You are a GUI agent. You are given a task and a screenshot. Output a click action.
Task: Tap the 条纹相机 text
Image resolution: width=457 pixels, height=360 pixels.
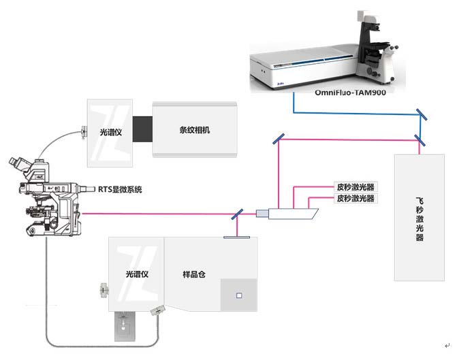(x=195, y=130)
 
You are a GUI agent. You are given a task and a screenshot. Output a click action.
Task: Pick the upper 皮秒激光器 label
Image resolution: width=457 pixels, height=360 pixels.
(x=356, y=187)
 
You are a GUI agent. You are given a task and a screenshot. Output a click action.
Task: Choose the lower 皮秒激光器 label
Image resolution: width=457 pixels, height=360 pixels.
(x=356, y=199)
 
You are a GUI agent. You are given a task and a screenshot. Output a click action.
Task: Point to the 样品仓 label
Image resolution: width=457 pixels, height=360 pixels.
(x=195, y=274)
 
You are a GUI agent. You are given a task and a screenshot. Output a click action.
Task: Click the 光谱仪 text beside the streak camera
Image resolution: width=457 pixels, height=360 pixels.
(x=110, y=133)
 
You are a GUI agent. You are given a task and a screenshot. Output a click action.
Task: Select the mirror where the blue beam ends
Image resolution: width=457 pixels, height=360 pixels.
(x=422, y=115)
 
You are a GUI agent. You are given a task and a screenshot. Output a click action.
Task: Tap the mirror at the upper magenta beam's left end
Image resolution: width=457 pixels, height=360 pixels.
(x=280, y=140)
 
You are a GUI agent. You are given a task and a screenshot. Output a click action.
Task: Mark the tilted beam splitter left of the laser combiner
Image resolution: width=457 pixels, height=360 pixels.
(x=238, y=215)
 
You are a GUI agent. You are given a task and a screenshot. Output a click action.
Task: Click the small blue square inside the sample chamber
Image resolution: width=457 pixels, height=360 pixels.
(x=238, y=295)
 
